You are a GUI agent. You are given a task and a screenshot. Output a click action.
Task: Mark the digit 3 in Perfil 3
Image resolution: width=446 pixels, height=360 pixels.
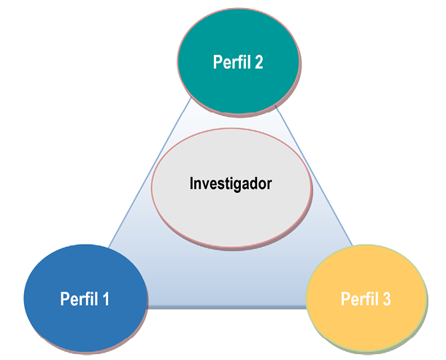tap(386, 299)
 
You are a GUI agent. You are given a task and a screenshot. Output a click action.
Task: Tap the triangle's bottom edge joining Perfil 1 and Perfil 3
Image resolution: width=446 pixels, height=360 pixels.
tap(226, 307)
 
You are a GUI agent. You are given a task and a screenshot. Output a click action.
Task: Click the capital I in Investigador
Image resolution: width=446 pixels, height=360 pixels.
tap(191, 183)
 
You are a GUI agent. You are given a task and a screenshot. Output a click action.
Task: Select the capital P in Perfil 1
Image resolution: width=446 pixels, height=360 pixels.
tap(64, 299)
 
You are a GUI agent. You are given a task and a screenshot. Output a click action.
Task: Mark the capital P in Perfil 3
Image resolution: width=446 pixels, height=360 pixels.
tap(345, 299)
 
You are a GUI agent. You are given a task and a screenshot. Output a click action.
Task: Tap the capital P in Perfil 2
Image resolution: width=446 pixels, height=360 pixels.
tap(218, 63)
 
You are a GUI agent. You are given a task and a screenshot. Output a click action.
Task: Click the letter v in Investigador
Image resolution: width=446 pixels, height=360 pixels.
tap(205, 184)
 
